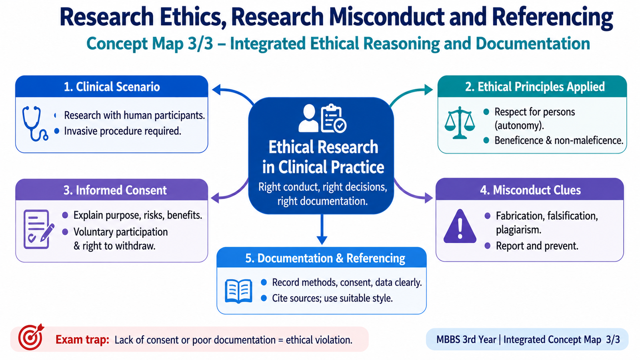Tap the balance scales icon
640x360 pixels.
[x=460, y=123]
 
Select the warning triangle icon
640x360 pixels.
[x=460, y=226]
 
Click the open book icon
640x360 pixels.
[x=238, y=291]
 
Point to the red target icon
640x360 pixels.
[x=31, y=337]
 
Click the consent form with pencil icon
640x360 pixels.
[x=38, y=229]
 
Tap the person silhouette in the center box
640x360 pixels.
[x=308, y=118]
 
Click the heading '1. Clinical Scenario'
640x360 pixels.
[x=112, y=86]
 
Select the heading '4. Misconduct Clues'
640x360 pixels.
[x=530, y=190]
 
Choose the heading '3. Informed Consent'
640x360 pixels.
[x=115, y=190]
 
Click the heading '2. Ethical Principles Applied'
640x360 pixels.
[x=535, y=86]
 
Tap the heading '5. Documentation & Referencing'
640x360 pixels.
[x=325, y=258]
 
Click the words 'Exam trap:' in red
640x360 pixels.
[x=82, y=340]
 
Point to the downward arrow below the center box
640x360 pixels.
[x=322, y=230]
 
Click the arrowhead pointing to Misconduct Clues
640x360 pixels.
[x=428, y=198]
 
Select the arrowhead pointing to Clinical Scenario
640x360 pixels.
[x=216, y=90]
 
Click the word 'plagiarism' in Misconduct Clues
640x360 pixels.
[x=518, y=230]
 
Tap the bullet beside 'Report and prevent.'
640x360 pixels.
[x=488, y=246]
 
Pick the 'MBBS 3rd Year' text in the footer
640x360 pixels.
[x=466, y=340]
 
